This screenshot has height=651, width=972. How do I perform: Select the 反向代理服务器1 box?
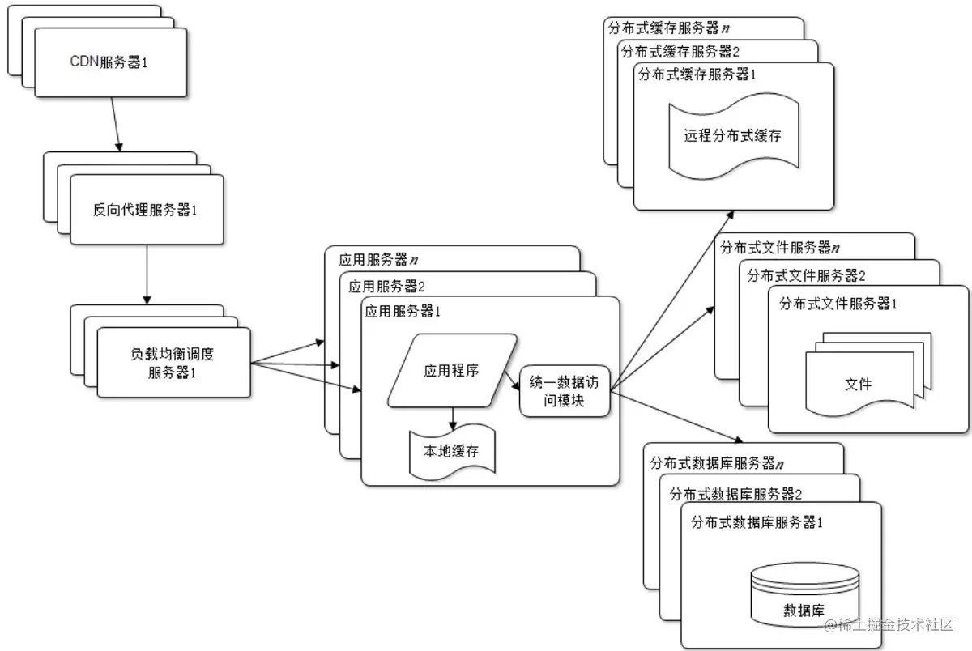click(x=146, y=210)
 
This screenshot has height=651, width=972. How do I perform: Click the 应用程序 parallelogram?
click(x=452, y=370)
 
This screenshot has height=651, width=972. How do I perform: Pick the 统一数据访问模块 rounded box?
click(x=564, y=391)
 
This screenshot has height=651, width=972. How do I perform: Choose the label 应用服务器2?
click(x=387, y=286)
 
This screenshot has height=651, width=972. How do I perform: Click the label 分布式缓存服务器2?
click(x=680, y=51)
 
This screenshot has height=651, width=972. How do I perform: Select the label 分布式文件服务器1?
click(x=838, y=304)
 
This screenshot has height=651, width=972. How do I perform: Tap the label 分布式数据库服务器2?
click(x=735, y=494)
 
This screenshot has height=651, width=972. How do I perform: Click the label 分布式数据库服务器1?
click(x=757, y=522)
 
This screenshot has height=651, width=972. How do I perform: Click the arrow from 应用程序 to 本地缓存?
click(x=452, y=417)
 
